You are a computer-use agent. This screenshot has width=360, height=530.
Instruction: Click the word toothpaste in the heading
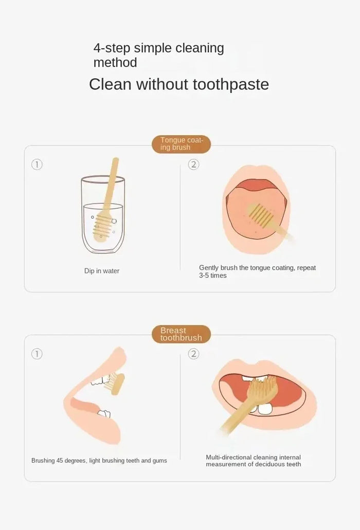coord(231,84)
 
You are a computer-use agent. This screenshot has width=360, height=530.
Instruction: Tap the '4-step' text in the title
coord(112,48)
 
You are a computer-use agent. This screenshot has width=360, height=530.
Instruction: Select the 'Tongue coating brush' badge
coord(181,144)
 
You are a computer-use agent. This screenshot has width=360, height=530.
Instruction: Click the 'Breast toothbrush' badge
coord(181,334)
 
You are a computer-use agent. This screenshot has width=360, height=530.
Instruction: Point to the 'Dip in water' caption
coord(102,271)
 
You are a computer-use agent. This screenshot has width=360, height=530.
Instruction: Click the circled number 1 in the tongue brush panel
coord(37,165)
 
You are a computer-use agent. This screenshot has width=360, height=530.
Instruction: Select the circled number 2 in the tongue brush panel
coord(194,165)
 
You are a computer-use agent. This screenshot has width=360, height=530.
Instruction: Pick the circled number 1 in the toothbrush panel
coord(37,354)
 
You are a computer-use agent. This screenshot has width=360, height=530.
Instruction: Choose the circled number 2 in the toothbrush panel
coord(194,354)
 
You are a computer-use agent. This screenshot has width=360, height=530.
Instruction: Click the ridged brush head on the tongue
coord(261,214)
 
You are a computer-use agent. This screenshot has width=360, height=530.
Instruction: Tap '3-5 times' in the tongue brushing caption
coord(212,276)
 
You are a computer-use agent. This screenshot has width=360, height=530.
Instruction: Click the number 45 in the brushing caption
coord(60,461)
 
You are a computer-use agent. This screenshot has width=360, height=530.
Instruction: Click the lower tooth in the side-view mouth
coord(104,414)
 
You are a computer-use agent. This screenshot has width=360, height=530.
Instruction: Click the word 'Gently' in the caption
coord(209,268)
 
